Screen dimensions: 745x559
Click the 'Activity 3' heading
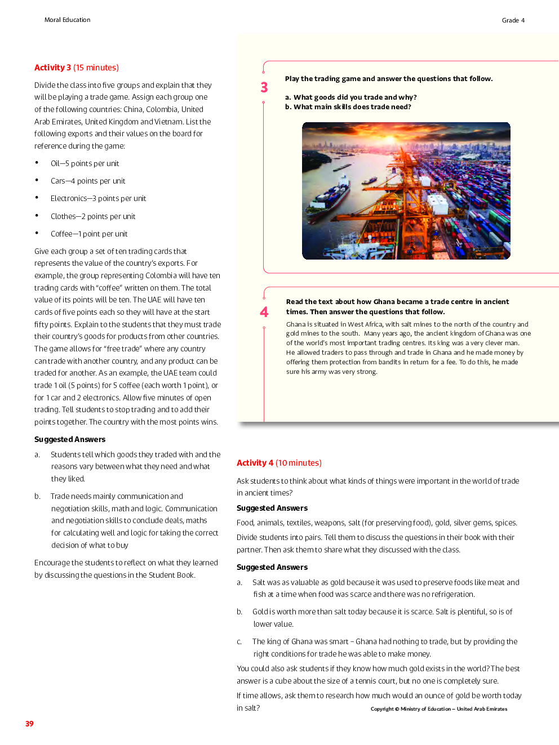click(x=52, y=68)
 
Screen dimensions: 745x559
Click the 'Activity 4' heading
click(x=255, y=463)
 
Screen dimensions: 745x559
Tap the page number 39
click(x=29, y=724)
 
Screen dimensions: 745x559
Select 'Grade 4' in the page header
click(x=513, y=20)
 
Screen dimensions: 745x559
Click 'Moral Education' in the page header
click(x=67, y=20)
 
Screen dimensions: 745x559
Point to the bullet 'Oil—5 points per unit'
click(x=85, y=164)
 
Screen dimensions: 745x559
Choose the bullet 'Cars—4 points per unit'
click(x=88, y=181)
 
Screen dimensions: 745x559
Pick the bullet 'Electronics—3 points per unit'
click(x=98, y=199)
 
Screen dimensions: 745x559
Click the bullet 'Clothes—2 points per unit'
click(x=93, y=217)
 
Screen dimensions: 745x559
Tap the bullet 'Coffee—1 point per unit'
click(x=89, y=234)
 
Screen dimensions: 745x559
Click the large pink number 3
click(x=264, y=88)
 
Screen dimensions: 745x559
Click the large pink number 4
click(x=264, y=313)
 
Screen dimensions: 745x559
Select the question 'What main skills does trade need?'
click(x=352, y=107)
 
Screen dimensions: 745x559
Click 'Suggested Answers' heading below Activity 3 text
click(x=70, y=440)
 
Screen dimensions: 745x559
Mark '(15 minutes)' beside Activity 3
click(x=96, y=68)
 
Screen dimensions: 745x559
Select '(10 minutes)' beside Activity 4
click(x=299, y=463)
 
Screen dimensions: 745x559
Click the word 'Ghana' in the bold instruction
click(x=384, y=302)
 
